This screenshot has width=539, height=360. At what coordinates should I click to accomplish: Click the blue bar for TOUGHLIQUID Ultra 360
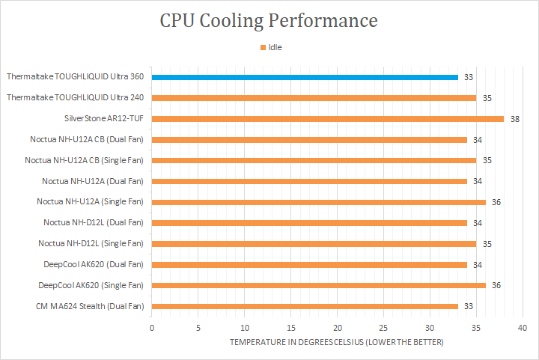pyautogui.click(x=305, y=77)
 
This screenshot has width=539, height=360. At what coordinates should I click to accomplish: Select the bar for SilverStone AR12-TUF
pyautogui.click(x=327, y=118)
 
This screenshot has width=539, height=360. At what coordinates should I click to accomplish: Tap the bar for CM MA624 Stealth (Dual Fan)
pyautogui.click(x=305, y=306)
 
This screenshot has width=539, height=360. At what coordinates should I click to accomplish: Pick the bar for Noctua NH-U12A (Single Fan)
pyautogui.click(x=318, y=202)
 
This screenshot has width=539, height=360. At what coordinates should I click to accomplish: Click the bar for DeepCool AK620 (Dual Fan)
pyautogui.click(x=309, y=264)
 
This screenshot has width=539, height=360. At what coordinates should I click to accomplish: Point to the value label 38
pyautogui.click(x=515, y=118)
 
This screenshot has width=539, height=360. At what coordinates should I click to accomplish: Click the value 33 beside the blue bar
pyautogui.click(x=469, y=77)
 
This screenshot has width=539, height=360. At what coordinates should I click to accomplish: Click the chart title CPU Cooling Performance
pyautogui.click(x=269, y=20)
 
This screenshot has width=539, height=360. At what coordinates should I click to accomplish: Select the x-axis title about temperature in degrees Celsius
pyautogui.click(x=336, y=342)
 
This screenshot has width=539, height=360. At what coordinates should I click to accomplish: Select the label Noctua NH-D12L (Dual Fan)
pyautogui.click(x=94, y=222)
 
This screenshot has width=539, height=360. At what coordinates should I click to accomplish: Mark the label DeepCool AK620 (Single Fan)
pyautogui.click(x=91, y=285)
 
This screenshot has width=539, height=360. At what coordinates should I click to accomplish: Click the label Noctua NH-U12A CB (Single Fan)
pyautogui.click(x=84, y=160)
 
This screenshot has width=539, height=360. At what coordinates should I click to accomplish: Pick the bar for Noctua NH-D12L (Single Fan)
pyautogui.click(x=314, y=243)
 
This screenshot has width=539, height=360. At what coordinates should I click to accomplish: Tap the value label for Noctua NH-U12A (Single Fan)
pyautogui.click(x=496, y=202)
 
